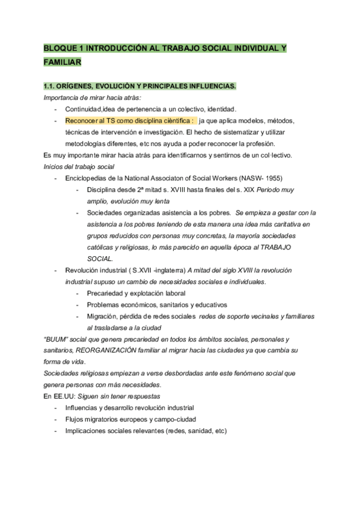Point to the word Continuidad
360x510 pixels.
[84, 109]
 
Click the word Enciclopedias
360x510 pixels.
[88, 179]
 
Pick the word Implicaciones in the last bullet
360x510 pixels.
[87, 431]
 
